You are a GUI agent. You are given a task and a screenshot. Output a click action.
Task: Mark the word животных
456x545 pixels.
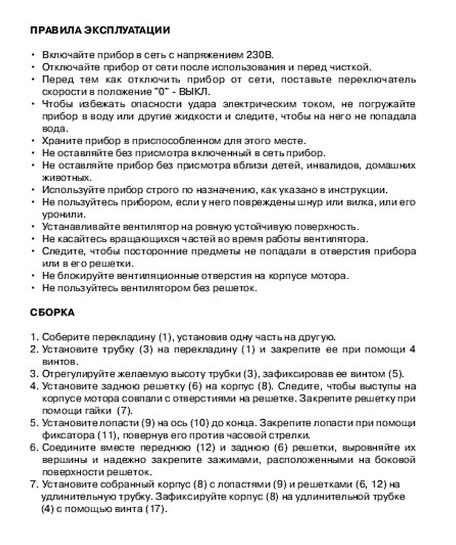tap(60, 178)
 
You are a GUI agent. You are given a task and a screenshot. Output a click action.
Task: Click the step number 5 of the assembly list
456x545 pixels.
tap(34, 423)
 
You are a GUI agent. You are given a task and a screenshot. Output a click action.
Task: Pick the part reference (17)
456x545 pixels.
tap(154, 509)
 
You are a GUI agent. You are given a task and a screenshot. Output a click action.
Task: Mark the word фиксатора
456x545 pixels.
tap(68, 436)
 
